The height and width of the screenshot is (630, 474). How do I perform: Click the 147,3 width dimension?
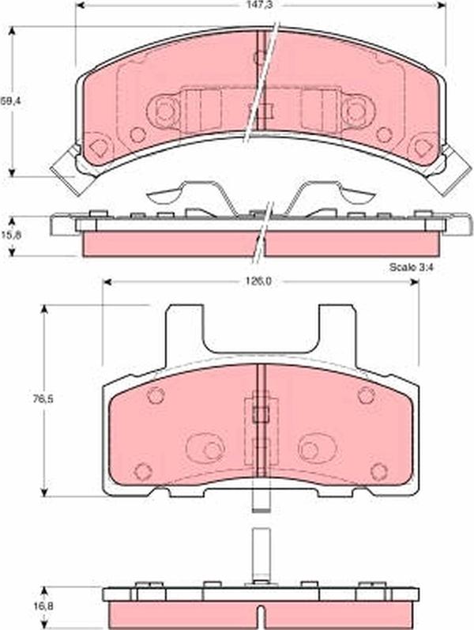(260, 5)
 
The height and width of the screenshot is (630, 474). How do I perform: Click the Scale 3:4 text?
(412, 267)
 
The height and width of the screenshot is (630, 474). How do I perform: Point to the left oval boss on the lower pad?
(206, 449)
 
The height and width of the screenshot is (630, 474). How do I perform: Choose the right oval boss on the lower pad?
(317, 449)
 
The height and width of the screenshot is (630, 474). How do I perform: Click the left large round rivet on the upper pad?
(164, 109)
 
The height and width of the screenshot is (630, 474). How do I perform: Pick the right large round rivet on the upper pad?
(357, 109)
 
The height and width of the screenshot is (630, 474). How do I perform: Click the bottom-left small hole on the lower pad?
(142, 472)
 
